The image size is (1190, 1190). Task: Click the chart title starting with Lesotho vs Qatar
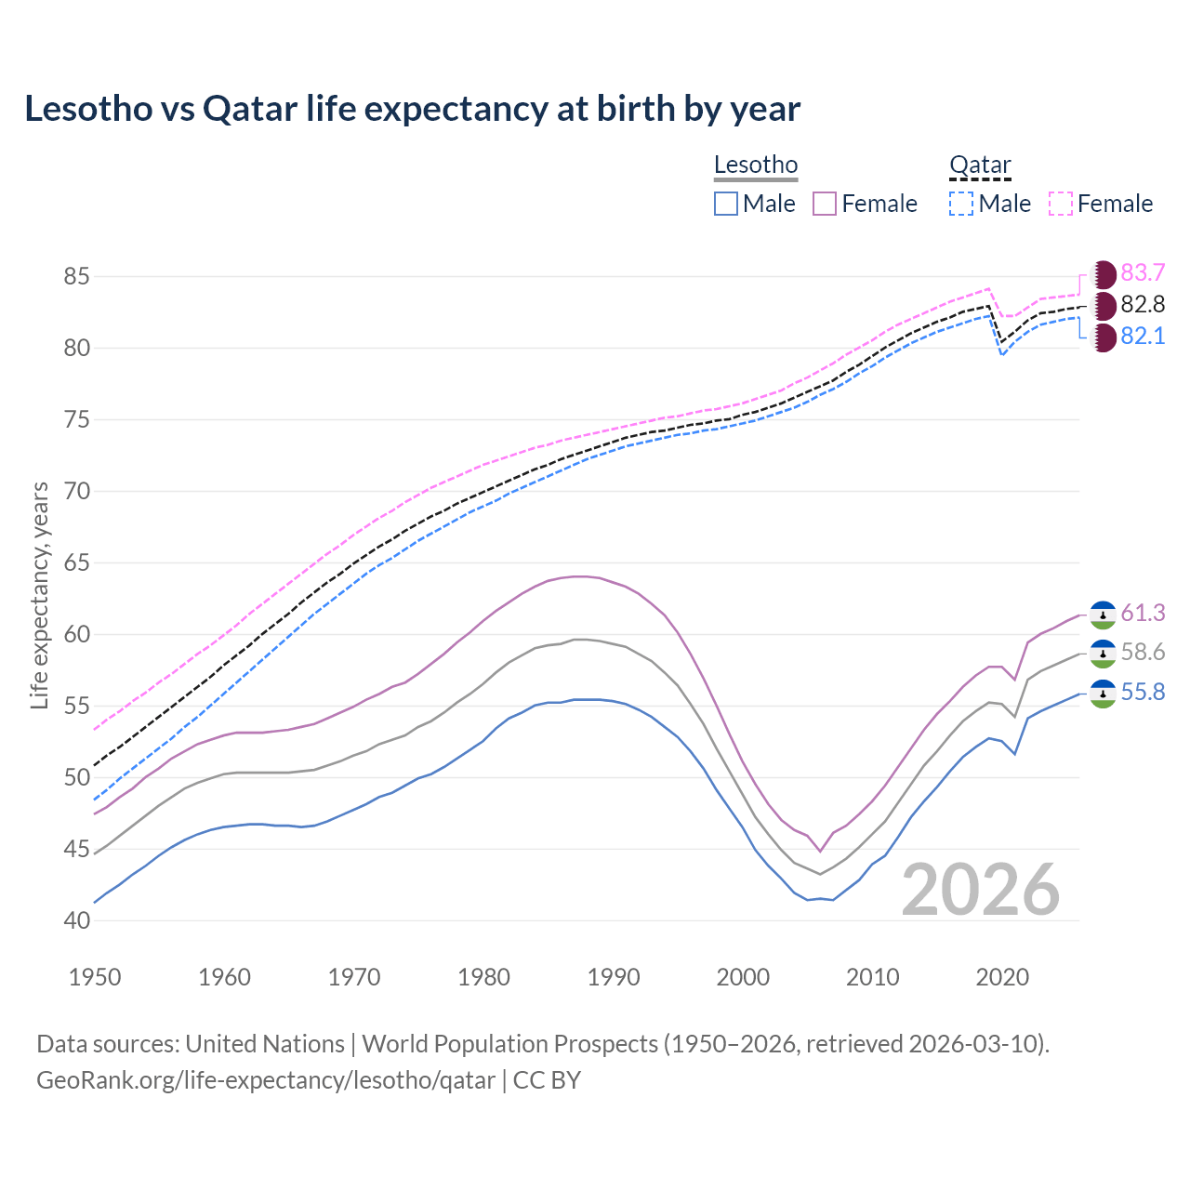tap(412, 109)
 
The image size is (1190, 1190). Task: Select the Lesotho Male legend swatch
tap(726, 204)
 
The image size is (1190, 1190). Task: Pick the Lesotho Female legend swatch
tap(825, 204)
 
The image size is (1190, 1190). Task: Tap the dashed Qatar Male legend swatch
tap(961, 204)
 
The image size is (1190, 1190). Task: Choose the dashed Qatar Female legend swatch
tap(1061, 204)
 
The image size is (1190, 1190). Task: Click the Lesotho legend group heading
tap(756, 165)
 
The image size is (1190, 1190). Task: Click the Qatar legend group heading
tap(980, 165)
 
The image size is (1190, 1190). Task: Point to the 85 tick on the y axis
tap(76, 276)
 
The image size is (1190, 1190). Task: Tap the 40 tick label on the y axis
tap(76, 920)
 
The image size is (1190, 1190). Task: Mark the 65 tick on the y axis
tap(76, 562)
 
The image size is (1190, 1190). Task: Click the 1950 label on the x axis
tap(96, 977)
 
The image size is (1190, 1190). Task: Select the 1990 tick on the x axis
tap(614, 977)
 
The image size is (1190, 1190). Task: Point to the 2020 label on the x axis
tap(1002, 977)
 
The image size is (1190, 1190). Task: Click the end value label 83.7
tap(1143, 272)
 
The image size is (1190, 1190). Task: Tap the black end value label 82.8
tap(1143, 304)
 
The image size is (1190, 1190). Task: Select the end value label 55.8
tap(1143, 693)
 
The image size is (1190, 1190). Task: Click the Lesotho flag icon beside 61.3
tap(1103, 615)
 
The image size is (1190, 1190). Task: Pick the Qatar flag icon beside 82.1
tap(1103, 337)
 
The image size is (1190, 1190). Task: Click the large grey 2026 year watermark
tap(981, 890)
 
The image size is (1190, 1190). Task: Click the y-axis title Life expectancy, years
tap(40, 595)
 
